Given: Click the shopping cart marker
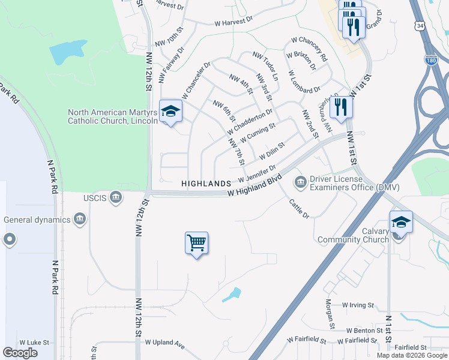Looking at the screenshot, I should [x=196, y=244].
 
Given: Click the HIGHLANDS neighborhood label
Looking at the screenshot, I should [x=206, y=182].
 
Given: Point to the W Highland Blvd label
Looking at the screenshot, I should [x=255, y=187].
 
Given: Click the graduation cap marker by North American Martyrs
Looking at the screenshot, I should [x=170, y=111].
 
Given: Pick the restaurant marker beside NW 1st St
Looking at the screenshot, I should [x=340, y=107].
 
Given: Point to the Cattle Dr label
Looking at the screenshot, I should [x=298, y=208].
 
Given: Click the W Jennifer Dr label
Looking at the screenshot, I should [x=257, y=174].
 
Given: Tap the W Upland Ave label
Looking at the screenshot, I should [x=164, y=343].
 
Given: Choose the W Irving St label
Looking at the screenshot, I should [x=358, y=305].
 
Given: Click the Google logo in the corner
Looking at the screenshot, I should [x=20, y=352].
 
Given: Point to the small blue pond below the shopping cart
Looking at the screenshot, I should [x=231, y=295].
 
